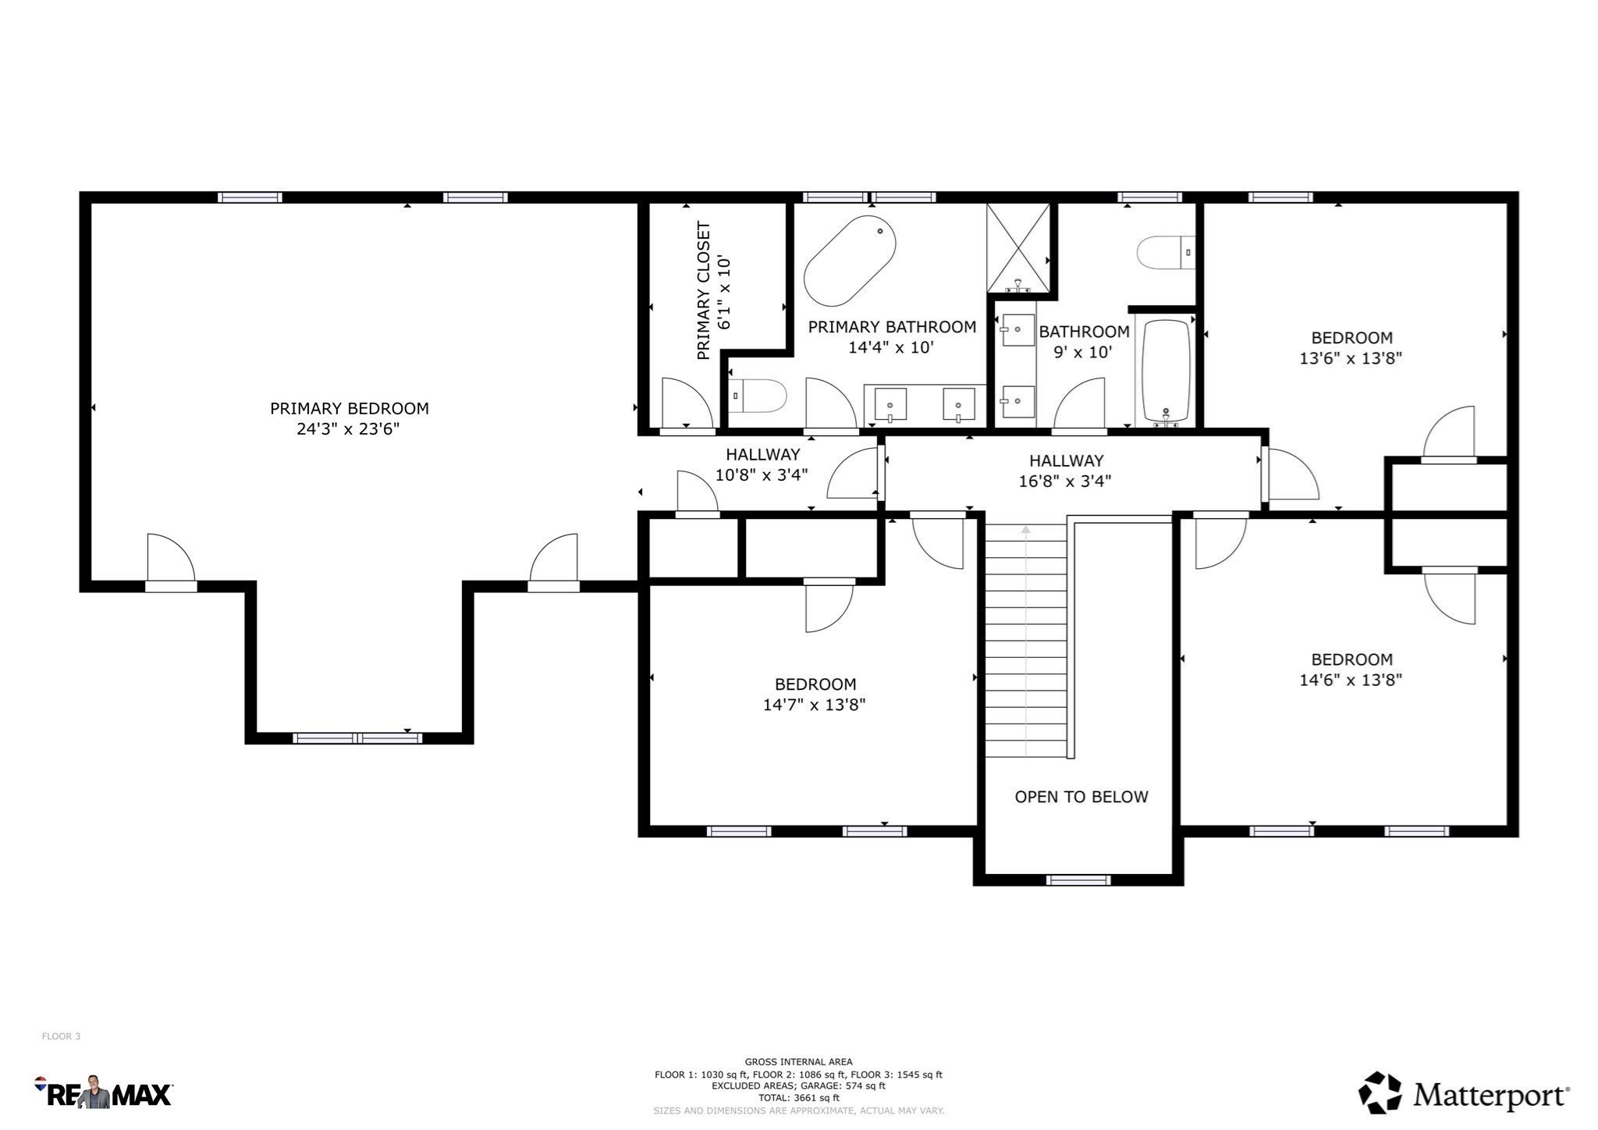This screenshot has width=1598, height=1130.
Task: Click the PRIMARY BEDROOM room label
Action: pyautogui.click(x=349, y=408)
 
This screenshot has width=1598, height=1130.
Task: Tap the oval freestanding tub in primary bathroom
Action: pyautogui.click(x=849, y=261)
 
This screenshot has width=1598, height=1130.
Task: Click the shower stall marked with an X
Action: pyautogui.click(x=1017, y=247)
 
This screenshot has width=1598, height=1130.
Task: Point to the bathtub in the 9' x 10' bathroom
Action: pyautogui.click(x=1166, y=370)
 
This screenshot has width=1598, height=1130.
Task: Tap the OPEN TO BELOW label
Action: pyautogui.click(x=1081, y=797)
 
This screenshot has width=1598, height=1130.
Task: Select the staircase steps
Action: pyautogui.click(x=1024, y=640)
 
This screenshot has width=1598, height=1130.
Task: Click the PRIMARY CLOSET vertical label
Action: pyautogui.click(x=703, y=290)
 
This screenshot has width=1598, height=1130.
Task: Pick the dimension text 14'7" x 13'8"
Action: pyautogui.click(x=814, y=705)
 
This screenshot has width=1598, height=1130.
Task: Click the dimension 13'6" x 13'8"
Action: pyautogui.click(x=1350, y=358)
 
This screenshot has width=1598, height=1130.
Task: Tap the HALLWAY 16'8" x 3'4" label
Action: pyautogui.click(x=1065, y=471)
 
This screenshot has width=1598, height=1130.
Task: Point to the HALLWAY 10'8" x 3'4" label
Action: pyautogui.click(x=762, y=464)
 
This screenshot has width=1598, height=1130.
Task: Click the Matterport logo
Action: pyautogui.click(x=1463, y=1094)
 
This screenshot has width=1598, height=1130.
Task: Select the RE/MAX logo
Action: pyautogui.click(x=103, y=1092)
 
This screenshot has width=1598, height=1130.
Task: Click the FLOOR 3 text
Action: pyautogui.click(x=61, y=1036)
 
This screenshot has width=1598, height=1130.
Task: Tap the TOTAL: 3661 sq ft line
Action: pyautogui.click(x=798, y=1097)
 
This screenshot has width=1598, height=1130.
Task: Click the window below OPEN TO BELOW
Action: pyautogui.click(x=1078, y=880)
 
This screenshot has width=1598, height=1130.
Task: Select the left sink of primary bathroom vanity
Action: pyautogui.click(x=890, y=404)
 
